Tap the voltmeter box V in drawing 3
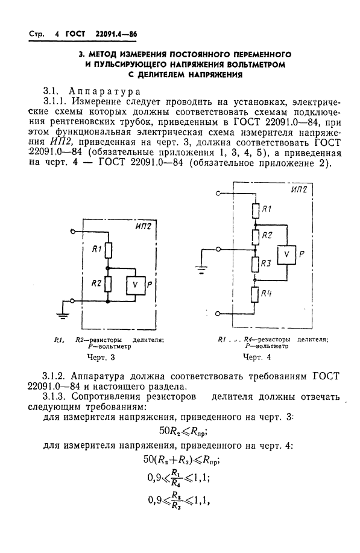(136, 284)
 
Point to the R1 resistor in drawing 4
(255, 210)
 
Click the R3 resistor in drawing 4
(255, 263)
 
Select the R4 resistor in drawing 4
(255, 295)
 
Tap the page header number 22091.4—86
(109, 34)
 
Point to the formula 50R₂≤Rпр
(182, 432)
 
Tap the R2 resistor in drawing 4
(255, 236)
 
